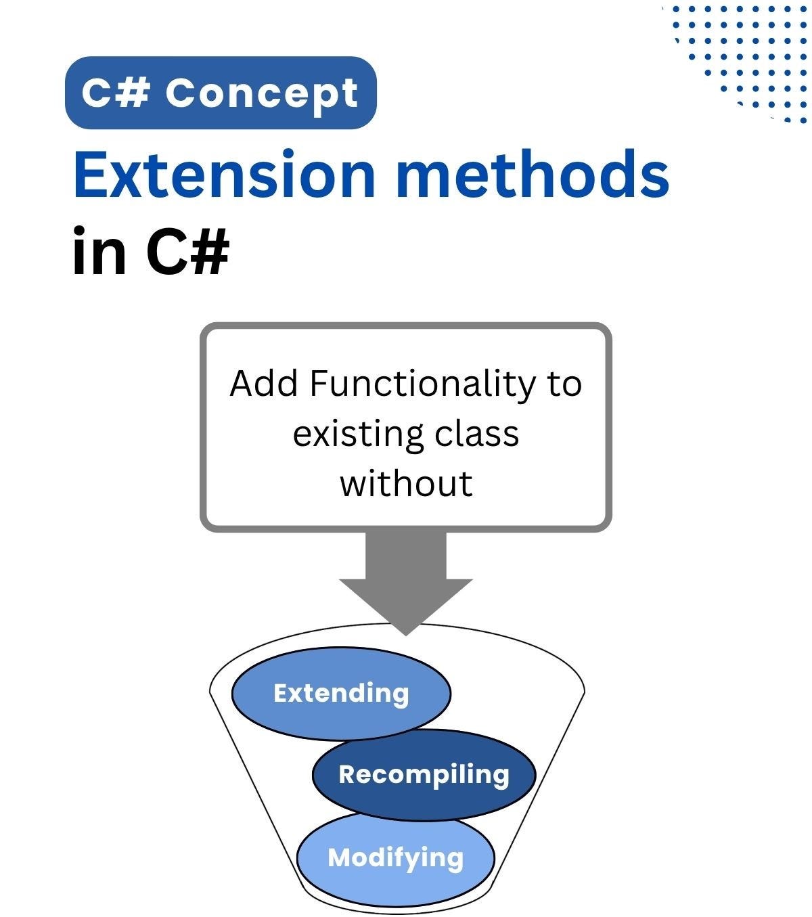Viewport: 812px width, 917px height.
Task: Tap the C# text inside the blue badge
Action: coord(116,92)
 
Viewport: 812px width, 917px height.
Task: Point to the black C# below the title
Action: coord(188,250)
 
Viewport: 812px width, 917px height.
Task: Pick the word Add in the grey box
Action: coord(263,383)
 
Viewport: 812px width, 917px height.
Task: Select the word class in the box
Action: coord(476,434)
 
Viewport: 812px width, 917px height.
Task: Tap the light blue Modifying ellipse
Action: coord(395,857)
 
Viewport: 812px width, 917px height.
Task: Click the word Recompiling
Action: coord(424,776)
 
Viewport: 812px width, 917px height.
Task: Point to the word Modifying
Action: coord(396,858)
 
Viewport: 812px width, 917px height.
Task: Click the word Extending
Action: coord(341,694)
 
